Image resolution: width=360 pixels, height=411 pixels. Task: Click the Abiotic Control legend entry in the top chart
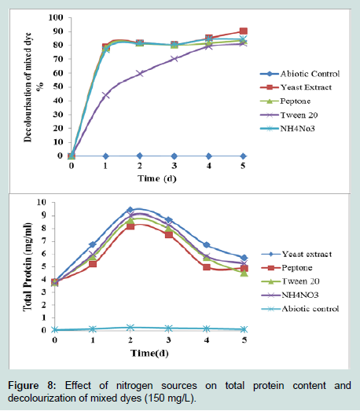(x=299, y=74)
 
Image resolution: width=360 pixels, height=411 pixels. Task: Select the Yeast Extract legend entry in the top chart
(x=296, y=87)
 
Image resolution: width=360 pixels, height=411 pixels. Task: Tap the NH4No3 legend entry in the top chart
(x=288, y=128)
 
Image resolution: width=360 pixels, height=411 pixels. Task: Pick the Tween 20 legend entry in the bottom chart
(x=290, y=281)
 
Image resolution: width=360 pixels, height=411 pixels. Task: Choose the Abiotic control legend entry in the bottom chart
(x=300, y=309)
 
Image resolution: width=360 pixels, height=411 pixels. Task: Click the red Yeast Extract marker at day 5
(x=244, y=31)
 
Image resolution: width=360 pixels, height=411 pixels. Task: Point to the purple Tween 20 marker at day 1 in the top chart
(x=105, y=95)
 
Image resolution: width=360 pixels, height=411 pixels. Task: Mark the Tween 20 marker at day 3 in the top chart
(x=174, y=59)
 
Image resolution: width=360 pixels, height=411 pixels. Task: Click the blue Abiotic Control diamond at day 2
(x=140, y=156)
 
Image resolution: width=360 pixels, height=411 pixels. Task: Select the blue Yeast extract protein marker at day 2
(x=130, y=210)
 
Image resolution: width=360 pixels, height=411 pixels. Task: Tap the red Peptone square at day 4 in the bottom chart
(x=207, y=267)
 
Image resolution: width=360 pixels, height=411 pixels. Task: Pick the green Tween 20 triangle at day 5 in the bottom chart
(x=244, y=273)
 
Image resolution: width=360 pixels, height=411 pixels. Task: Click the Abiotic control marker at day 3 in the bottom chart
(x=168, y=328)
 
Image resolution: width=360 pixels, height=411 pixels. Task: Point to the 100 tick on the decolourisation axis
(x=56, y=17)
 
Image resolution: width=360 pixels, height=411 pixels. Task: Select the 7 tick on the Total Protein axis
(x=43, y=241)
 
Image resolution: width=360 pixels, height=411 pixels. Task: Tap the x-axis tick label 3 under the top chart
(x=174, y=166)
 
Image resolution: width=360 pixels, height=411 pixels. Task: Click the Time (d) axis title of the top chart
(x=157, y=178)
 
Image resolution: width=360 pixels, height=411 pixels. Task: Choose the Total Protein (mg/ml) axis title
(x=28, y=267)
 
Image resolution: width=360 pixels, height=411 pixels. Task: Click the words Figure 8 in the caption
(x=31, y=386)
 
